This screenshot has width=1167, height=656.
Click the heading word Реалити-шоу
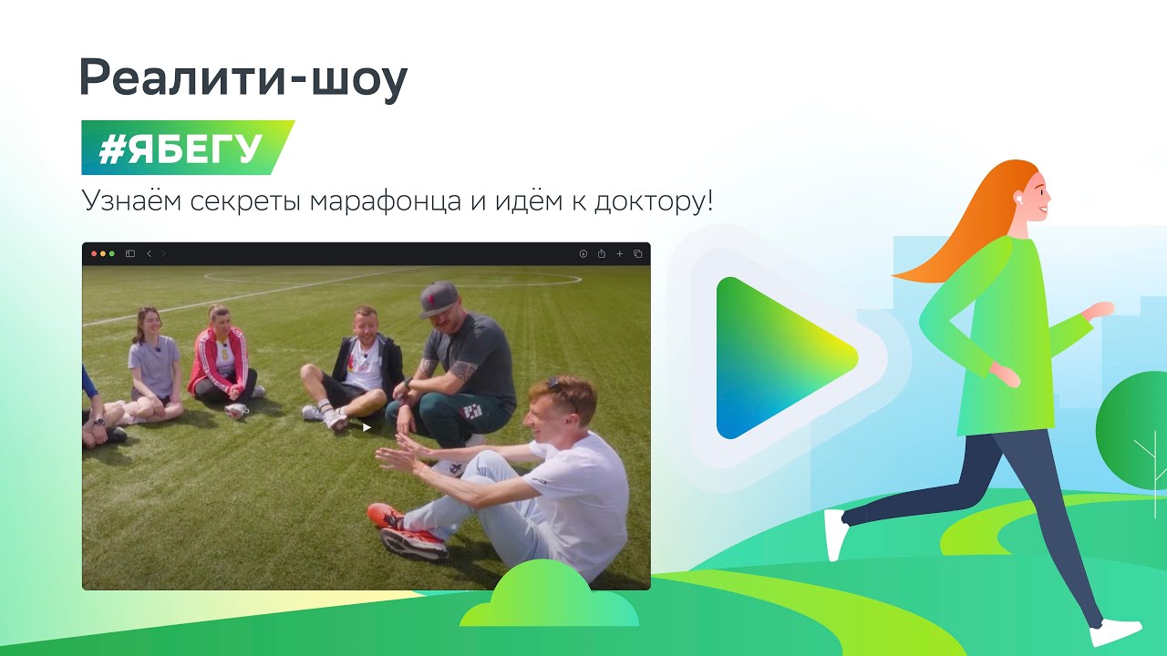[x=243, y=79]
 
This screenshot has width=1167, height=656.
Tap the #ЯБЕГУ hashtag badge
[x=188, y=148]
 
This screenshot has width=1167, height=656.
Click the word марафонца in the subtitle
[x=386, y=201]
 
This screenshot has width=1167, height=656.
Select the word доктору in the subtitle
[x=650, y=202]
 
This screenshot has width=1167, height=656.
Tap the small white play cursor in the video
[x=367, y=427]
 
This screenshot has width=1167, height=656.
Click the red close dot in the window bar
[x=94, y=253]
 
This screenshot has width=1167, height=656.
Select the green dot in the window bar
[x=111, y=253]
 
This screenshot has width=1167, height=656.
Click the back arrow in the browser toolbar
[x=149, y=253]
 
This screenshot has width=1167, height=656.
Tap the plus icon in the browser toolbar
[x=619, y=253]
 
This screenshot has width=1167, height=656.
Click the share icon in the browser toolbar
[x=601, y=253]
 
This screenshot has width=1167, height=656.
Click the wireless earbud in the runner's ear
[x=1017, y=198]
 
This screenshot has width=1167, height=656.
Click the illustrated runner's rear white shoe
[x=835, y=535]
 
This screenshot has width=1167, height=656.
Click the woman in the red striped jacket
[x=224, y=360]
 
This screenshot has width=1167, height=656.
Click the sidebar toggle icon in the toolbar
[x=130, y=253]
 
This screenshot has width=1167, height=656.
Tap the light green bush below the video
[x=549, y=596]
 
